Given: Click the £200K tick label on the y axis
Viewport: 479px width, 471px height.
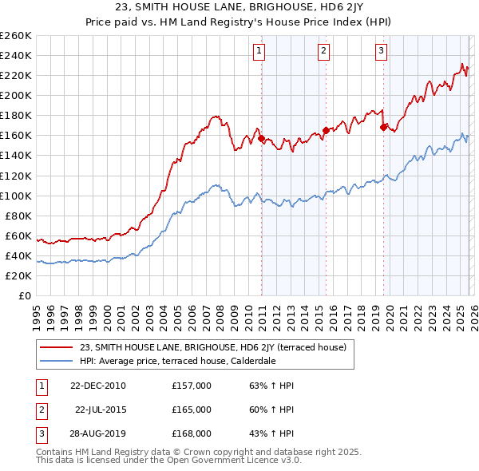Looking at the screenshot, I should (15, 95).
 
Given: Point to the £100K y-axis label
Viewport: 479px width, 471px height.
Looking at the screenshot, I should (15, 196).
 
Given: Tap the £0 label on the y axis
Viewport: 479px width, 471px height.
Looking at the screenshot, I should (25, 295).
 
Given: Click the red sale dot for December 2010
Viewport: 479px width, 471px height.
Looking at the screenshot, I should (261, 138).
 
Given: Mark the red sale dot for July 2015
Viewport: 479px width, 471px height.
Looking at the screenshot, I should (326, 130).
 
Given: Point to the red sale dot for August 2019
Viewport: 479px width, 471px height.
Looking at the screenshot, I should (384, 127).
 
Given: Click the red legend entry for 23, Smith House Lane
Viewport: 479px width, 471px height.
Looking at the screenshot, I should (212, 347).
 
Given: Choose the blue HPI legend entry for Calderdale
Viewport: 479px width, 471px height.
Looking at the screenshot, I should (190, 362).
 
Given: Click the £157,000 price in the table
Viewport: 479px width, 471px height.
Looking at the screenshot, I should (192, 386).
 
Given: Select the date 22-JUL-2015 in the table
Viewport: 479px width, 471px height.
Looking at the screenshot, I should (101, 409).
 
